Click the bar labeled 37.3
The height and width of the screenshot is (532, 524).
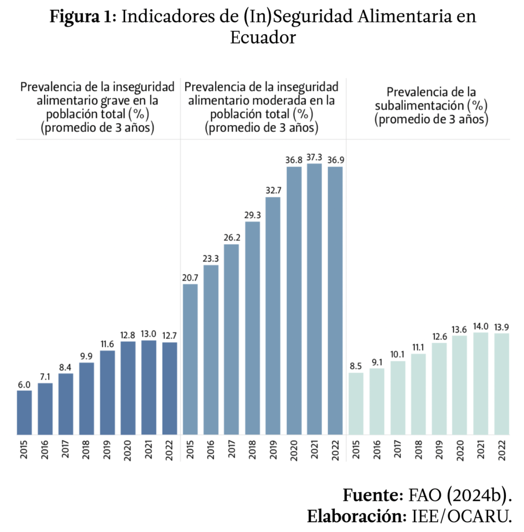point(315,299)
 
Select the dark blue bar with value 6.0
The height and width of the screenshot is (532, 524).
point(24,413)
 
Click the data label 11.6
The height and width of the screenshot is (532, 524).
point(108,343)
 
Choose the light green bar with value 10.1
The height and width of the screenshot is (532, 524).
point(398,398)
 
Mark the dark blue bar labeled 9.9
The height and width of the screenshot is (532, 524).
point(87,398)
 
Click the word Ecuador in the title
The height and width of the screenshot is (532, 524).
point(263,37)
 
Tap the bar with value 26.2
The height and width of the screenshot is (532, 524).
point(231,339)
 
